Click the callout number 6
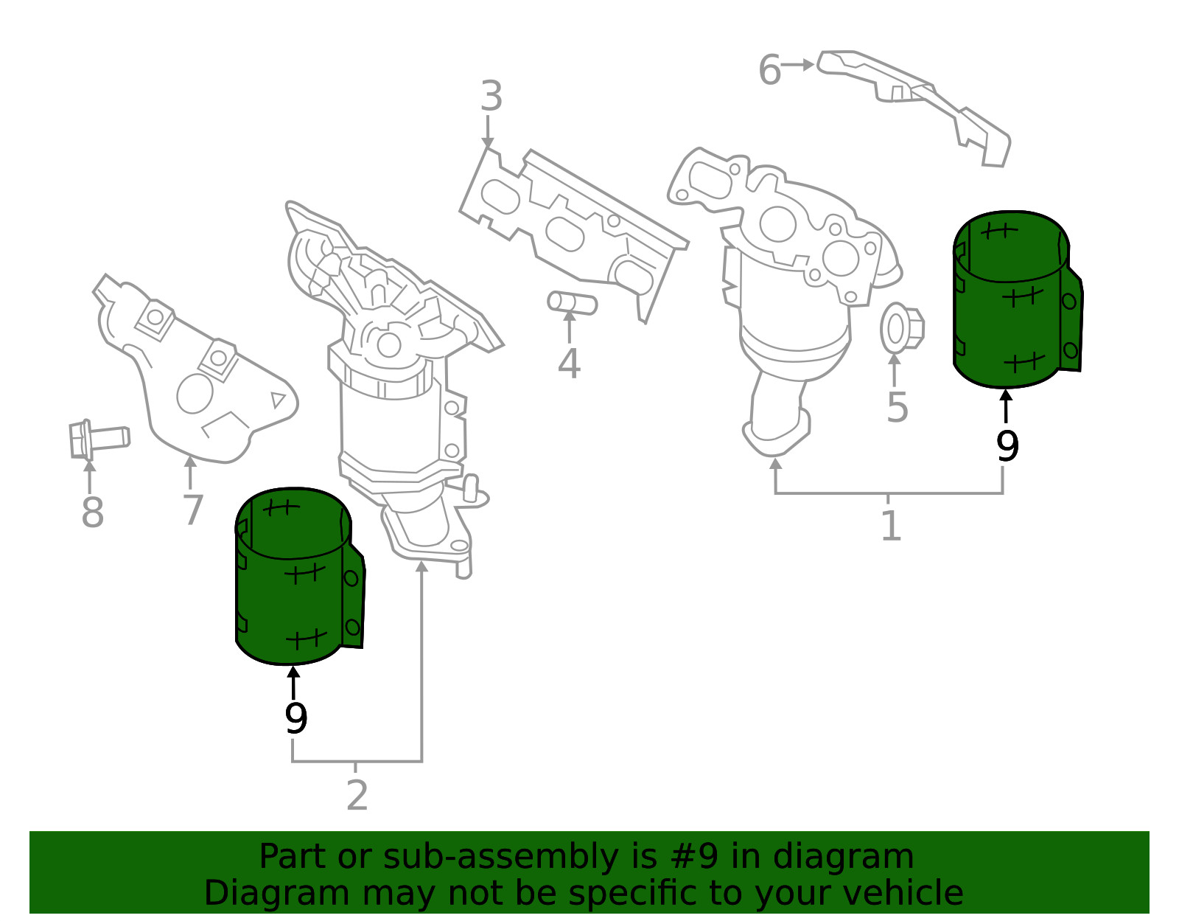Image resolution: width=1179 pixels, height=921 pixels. [x=769, y=70]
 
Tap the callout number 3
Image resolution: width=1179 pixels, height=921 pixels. [x=491, y=96]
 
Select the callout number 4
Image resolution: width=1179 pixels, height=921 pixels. [x=569, y=363]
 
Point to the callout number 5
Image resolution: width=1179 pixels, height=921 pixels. [x=897, y=408]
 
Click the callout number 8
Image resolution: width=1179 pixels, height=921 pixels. [x=92, y=512]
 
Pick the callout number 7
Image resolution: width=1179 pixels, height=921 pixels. [x=193, y=510]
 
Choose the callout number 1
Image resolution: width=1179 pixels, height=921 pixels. [x=891, y=525]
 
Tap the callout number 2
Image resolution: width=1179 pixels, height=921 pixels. [x=357, y=795]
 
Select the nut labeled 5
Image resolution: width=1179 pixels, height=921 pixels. [x=902, y=328]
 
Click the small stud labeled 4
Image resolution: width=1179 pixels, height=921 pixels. [x=573, y=303]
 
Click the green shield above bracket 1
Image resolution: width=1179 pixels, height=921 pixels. [x=1017, y=299]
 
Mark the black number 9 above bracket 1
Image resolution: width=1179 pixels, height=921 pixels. [x=1007, y=446]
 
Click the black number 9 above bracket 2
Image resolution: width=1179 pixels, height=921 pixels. [x=295, y=718]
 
